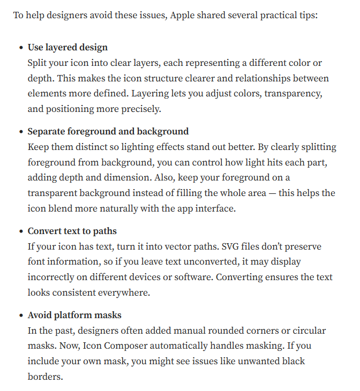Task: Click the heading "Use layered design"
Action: pos(67,47)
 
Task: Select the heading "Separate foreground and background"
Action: pos(108,131)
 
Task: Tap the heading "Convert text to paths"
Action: pos(72,231)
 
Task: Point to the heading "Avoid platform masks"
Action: pos(74,315)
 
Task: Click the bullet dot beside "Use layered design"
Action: pos(21,48)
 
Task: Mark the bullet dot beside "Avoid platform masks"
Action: pos(21,315)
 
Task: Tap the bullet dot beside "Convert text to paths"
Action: pos(21,232)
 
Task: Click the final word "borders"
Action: pos(45,377)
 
